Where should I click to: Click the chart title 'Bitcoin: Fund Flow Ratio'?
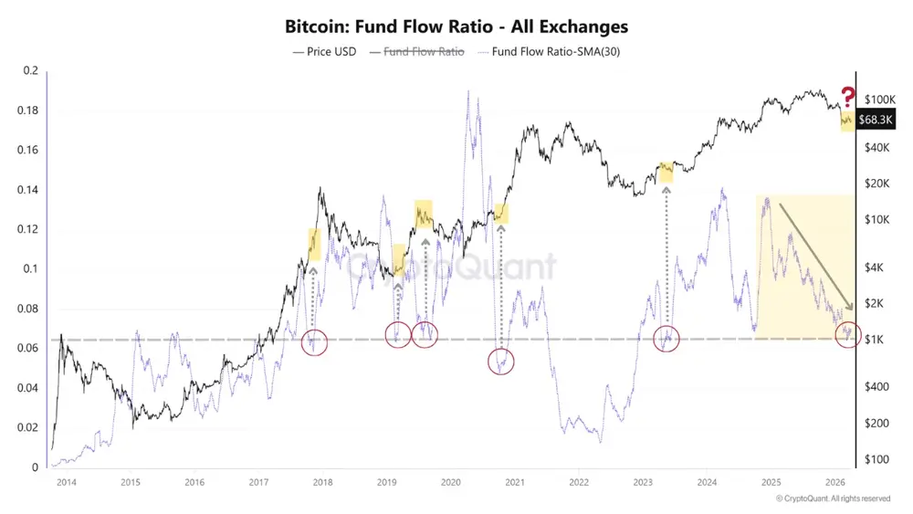(456, 27)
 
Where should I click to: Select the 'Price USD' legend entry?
(324, 52)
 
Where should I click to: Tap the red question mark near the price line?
(847, 96)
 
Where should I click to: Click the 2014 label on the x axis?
(66, 481)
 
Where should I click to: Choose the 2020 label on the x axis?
(450, 481)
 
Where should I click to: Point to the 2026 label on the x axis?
(834, 481)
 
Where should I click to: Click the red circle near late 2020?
(500, 361)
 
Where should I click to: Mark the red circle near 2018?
(314, 342)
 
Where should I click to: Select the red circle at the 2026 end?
(849, 333)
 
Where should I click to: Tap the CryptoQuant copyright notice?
(833, 498)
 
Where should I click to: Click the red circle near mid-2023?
(666, 338)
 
